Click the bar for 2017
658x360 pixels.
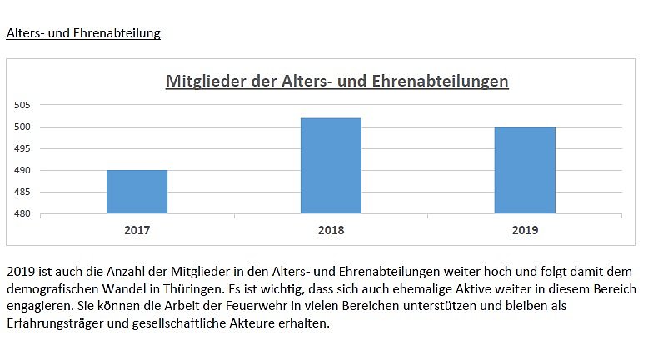(137, 192)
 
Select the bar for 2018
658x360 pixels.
(331, 166)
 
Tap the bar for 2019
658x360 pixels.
(525, 170)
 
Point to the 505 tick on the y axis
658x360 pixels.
(22, 105)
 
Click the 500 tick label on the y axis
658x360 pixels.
(22, 127)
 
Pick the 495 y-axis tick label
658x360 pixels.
(22, 148)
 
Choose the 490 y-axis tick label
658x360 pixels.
(22, 170)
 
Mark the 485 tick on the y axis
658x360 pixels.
(22, 192)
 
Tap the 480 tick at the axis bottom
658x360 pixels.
(22, 213)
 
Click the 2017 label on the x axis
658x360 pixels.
(137, 230)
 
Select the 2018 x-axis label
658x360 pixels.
(331, 230)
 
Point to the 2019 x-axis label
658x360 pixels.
(525, 230)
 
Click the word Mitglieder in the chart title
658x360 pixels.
(202, 82)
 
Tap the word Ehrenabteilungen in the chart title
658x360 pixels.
(438, 82)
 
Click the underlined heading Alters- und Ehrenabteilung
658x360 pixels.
(83, 34)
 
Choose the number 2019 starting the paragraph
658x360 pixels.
(20, 272)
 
